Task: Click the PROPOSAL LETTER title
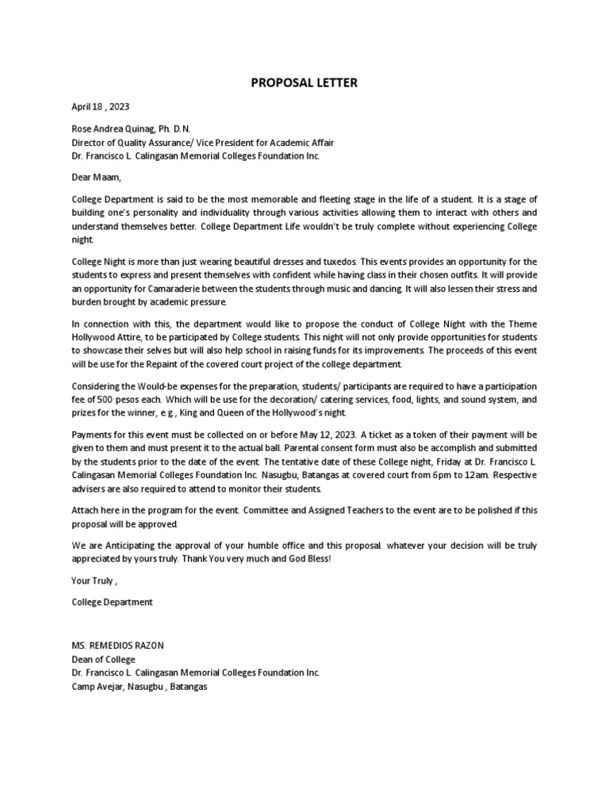pos(304,82)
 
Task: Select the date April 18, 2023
pos(101,106)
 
